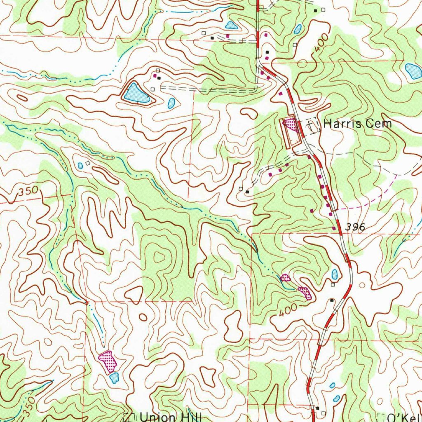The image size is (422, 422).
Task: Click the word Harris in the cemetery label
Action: pyautogui.click(x=338, y=123)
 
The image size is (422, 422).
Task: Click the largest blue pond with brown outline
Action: pyautogui.click(x=135, y=94)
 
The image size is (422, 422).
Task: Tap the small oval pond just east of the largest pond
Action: pyautogui.click(x=171, y=103)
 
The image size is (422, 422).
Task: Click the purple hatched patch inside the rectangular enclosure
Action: pyautogui.click(x=290, y=124)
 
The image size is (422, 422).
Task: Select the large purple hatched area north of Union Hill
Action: pyautogui.click(x=108, y=361)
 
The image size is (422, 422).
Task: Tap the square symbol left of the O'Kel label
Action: pyautogui.click(x=380, y=417)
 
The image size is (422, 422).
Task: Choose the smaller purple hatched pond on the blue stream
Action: pyautogui.click(x=285, y=277)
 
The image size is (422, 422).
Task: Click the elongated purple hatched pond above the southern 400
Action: pyautogui.click(x=305, y=292)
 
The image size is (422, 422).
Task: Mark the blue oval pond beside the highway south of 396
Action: pyautogui.click(x=335, y=274)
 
